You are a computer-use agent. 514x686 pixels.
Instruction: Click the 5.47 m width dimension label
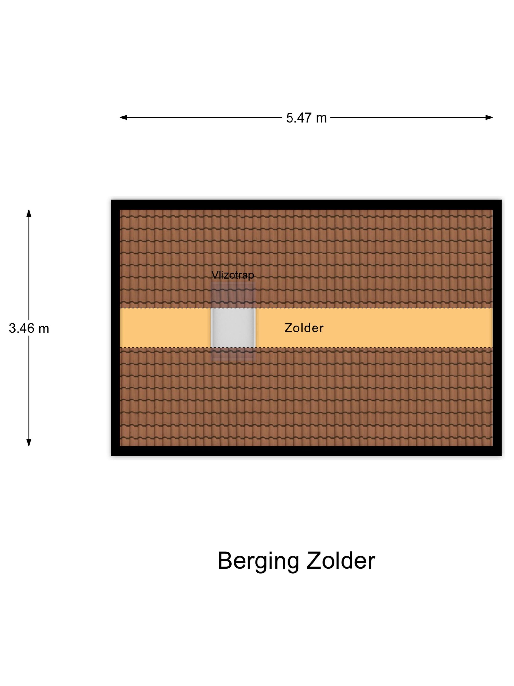point(306,118)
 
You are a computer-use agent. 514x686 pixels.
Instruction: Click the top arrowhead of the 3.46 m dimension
point(29,214)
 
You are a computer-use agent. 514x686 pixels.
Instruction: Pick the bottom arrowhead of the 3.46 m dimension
point(29,442)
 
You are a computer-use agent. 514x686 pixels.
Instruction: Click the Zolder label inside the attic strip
point(304,328)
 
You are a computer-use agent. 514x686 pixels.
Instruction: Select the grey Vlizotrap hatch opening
point(233,328)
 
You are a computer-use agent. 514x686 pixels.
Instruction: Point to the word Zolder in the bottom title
point(341,561)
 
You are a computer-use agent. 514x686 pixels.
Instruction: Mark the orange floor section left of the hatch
point(165,328)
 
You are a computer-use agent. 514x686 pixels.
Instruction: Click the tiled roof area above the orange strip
point(306,259)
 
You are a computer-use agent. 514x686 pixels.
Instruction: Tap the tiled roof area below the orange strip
point(306,397)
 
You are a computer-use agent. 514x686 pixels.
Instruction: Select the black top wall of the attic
point(306,205)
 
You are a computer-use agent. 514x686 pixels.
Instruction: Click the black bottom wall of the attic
point(306,451)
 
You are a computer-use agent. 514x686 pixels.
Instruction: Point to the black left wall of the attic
point(116,328)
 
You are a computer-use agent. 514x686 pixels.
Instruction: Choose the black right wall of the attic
point(497,328)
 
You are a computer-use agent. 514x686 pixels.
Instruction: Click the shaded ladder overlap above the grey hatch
point(233,295)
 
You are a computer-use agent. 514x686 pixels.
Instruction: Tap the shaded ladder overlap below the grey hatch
point(233,354)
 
